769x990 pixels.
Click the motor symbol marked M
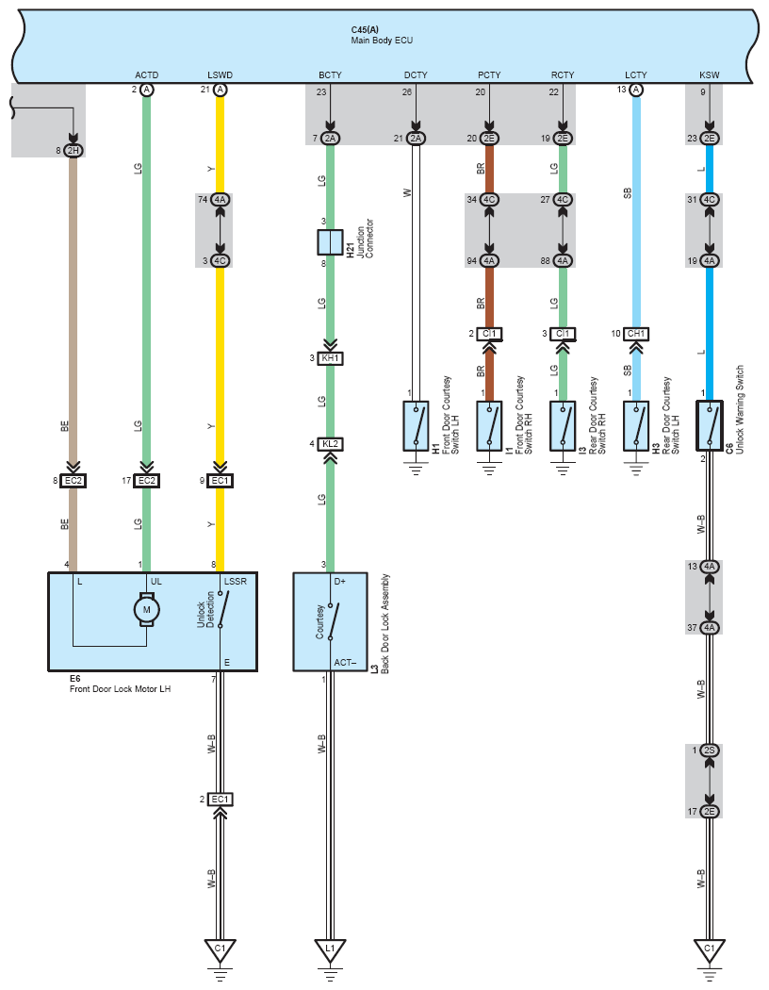[x=146, y=610]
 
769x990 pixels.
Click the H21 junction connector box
[x=330, y=242]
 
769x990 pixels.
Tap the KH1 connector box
[x=330, y=358]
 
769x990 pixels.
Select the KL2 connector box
[x=330, y=444]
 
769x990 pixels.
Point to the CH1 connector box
[x=636, y=334]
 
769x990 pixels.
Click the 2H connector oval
[x=74, y=150]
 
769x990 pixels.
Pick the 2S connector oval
[x=710, y=751]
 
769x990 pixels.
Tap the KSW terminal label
[x=709, y=74]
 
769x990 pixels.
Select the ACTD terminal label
[x=146, y=74]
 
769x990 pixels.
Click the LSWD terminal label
[x=221, y=74]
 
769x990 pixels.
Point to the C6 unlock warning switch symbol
[x=710, y=425]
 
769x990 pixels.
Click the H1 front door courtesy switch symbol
[x=416, y=425]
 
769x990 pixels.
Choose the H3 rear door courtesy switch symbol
[x=636, y=425]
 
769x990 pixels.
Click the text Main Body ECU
[x=382, y=41]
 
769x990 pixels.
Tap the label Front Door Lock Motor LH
[x=120, y=689]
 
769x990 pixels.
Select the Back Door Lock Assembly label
[x=385, y=624]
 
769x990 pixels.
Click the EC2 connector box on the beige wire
[x=74, y=481]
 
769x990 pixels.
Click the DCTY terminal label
[x=416, y=74]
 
